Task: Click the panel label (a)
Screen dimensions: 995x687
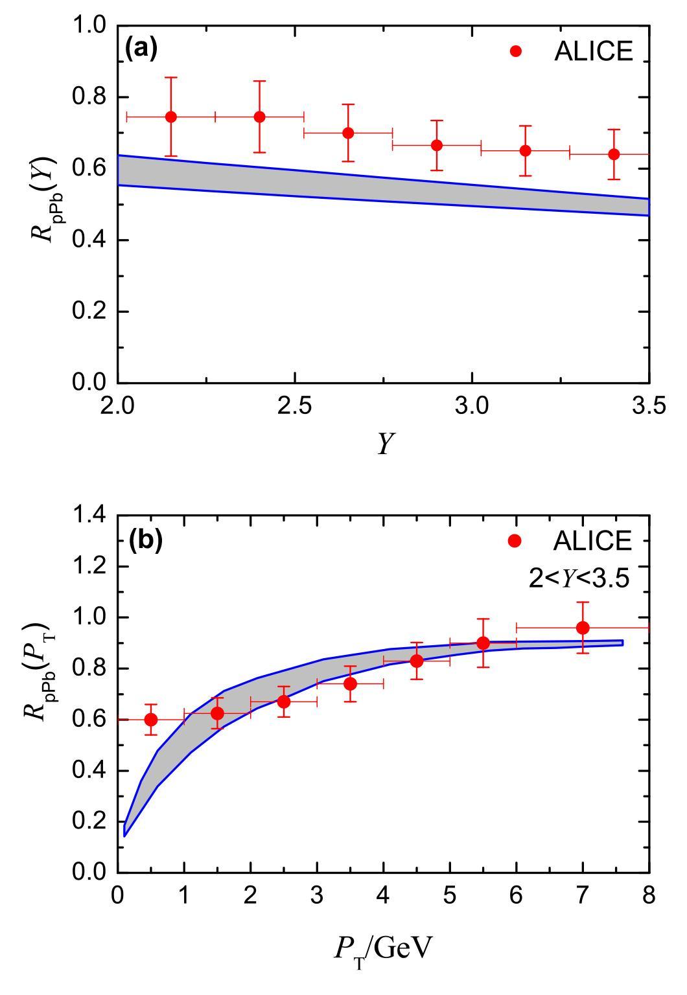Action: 142,49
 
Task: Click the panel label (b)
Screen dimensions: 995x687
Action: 145,540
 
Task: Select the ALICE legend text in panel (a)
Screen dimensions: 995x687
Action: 593,51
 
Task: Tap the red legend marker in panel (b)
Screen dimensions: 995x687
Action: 515,541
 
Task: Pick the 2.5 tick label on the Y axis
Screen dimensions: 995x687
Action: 295,406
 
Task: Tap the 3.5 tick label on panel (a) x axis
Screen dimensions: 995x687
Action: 649,406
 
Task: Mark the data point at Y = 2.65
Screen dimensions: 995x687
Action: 348,133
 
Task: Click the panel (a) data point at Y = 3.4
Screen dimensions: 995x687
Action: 614,154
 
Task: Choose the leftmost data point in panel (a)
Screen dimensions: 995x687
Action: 171,117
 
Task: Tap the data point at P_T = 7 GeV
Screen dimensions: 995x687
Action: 583,628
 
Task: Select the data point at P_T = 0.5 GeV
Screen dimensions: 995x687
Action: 151,720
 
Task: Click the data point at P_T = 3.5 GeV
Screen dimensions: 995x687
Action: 350,683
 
